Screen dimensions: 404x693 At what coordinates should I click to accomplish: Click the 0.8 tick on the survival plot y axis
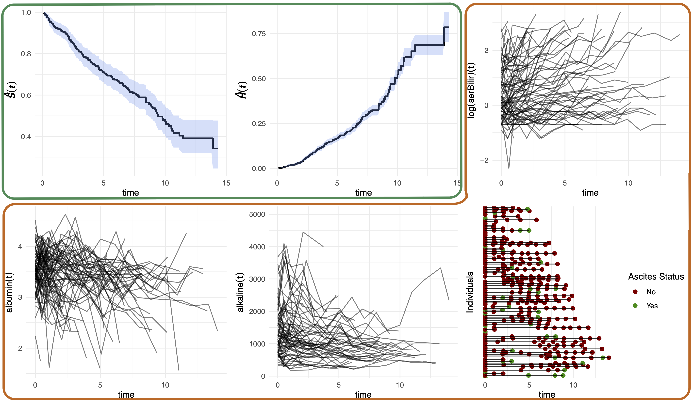pyautogui.click(x=26, y=54)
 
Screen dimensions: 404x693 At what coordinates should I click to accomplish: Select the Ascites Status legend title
pyautogui.click(x=656, y=277)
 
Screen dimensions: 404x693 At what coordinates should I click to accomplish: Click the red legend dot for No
pyautogui.click(x=635, y=292)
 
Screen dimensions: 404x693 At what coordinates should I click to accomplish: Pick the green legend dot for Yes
pyautogui.click(x=635, y=306)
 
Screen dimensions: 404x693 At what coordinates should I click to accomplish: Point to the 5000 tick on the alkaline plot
pyautogui.click(x=257, y=214)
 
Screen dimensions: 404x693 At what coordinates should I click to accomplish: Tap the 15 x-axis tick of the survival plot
pyautogui.click(x=226, y=183)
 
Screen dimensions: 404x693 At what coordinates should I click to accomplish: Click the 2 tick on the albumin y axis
pyautogui.click(x=20, y=348)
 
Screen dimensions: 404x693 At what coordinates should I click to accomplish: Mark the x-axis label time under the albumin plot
pyautogui.click(x=126, y=395)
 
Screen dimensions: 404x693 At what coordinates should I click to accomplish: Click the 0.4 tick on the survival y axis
pyautogui.click(x=26, y=137)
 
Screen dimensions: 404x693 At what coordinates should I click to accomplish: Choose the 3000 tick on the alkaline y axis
pyautogui.click(x=257, y=279)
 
